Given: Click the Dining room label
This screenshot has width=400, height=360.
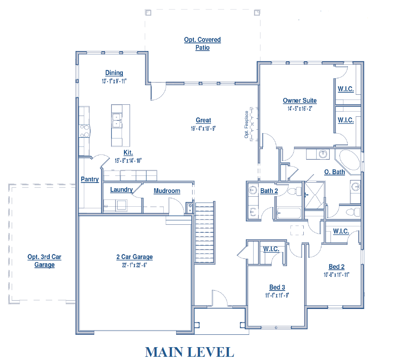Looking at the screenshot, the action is [x=114, y=73].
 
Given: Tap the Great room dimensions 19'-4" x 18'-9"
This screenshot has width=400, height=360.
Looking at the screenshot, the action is [x=203, y=128].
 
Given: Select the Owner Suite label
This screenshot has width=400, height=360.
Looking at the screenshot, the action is [x=300, y=100].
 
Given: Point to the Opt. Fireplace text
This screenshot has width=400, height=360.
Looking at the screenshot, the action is [x=246, y=124].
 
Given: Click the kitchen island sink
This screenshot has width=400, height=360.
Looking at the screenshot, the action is [x=117, y=120].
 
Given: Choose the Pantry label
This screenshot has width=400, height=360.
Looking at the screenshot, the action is [x=90, y=179].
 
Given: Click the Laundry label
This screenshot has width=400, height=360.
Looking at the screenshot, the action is [x=122, y=190].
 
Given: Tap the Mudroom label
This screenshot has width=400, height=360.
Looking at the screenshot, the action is [x=167, y=191].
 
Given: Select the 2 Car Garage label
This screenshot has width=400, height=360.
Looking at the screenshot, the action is [x=134, y=257].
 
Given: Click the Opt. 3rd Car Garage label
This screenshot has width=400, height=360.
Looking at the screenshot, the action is [x=45, y=261].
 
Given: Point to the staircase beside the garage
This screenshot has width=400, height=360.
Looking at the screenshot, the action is [x=205, y=233].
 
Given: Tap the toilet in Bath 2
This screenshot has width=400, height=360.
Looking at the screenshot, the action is [x=294, y=191].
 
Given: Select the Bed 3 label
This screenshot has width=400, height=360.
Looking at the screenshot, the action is [x=277, y=287].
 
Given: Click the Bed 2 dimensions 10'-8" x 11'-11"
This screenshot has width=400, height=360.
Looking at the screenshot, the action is [x=337, y=275].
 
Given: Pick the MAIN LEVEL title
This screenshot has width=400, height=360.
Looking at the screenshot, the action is [x=189, y=352].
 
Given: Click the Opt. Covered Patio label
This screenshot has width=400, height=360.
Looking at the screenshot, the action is [x=202, y=44].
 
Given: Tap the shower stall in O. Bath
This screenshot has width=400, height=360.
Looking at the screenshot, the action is [x=315, y=195].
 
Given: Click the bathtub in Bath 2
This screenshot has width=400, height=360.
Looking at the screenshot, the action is [x=289, y=213].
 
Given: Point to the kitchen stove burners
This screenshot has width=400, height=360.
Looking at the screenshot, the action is [x=84, y=130].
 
